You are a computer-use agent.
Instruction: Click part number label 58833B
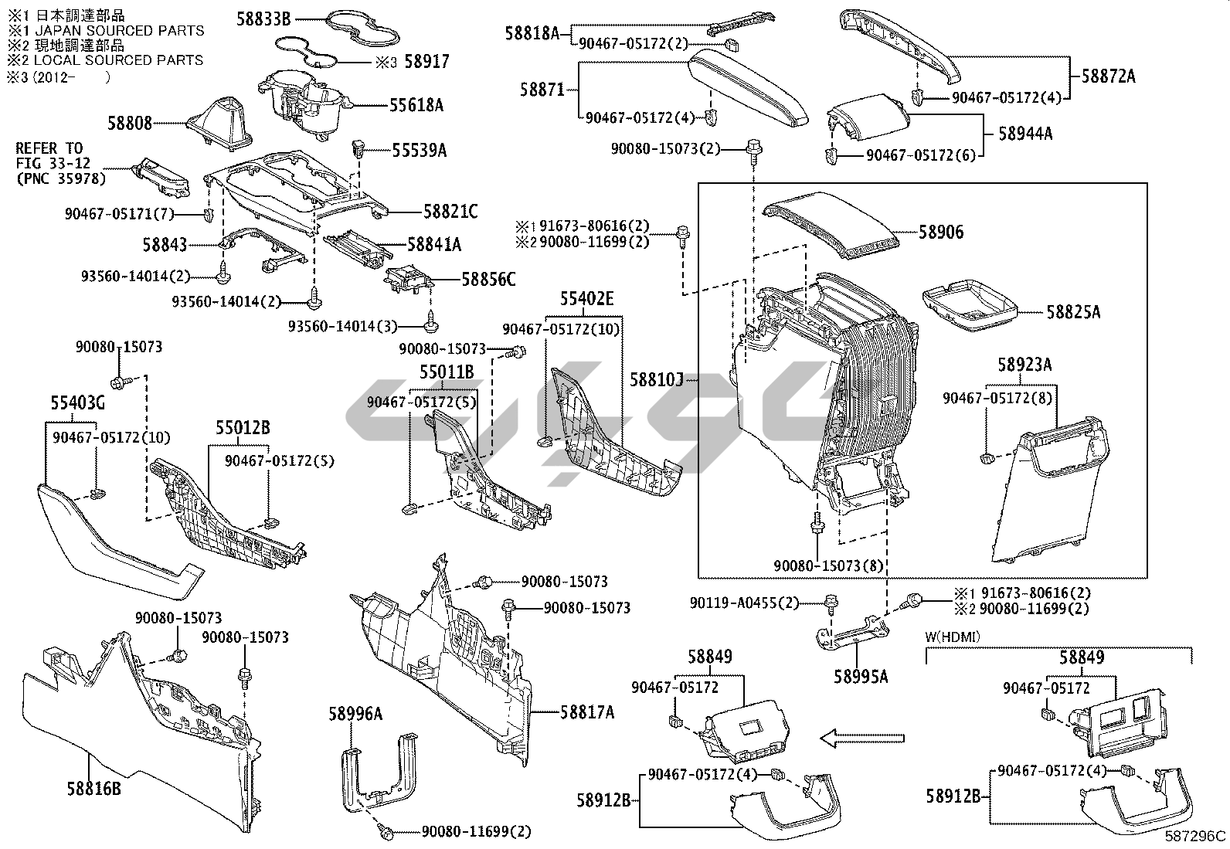[263, 19]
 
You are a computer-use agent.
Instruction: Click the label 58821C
[450, 211]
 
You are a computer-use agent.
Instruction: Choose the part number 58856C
[488, 279]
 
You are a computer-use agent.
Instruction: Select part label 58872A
[1108, 76]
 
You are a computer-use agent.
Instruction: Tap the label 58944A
[1025, 133]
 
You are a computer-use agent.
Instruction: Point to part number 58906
[941, 232]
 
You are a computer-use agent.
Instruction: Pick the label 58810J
[657, 379]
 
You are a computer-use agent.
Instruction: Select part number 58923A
[1024, 364]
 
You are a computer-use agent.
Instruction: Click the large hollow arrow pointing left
[861, 739]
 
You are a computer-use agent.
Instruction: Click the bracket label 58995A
[861, 677]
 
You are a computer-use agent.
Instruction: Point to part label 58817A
[587, 712]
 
